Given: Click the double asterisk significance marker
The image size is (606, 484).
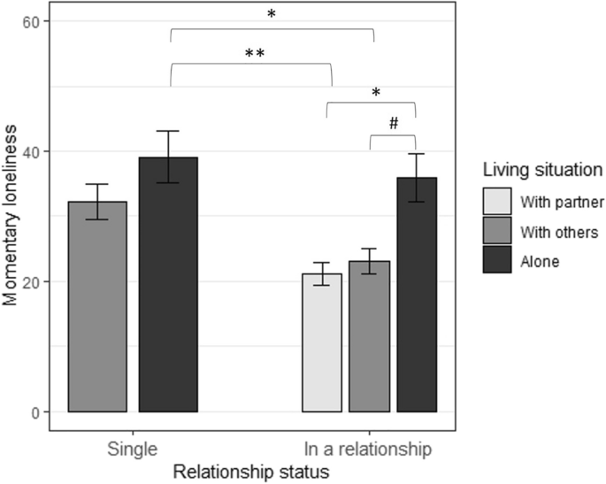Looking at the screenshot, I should coord(255,54).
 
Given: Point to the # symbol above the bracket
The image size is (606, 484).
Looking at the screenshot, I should coord(393,124).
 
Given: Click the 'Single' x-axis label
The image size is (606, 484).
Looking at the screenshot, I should coord(133,449).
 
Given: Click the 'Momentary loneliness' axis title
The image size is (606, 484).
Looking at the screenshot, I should coord(11,216).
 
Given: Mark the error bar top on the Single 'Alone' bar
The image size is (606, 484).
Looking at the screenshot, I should coord(168,132).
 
